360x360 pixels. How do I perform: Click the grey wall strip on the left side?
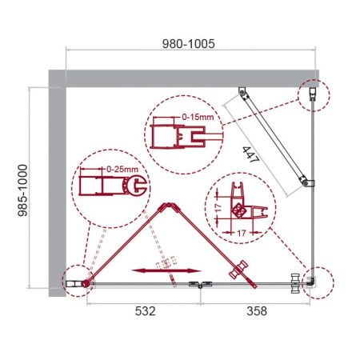(57, 184)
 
